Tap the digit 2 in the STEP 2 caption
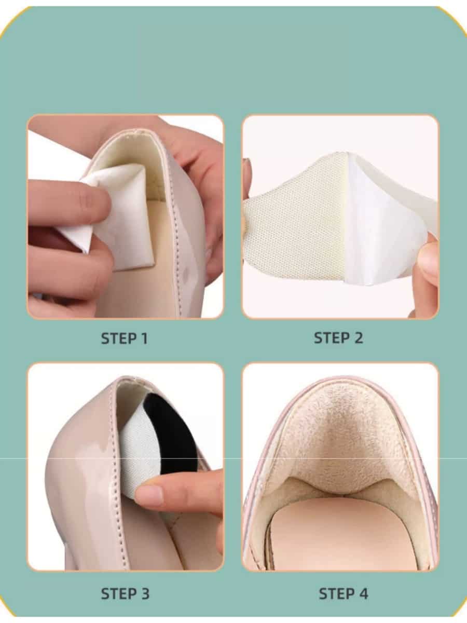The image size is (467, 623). (x=358, y=338)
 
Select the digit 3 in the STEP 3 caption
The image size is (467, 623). (x=145, y=586)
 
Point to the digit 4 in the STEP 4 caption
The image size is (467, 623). (x=363, y=586)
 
